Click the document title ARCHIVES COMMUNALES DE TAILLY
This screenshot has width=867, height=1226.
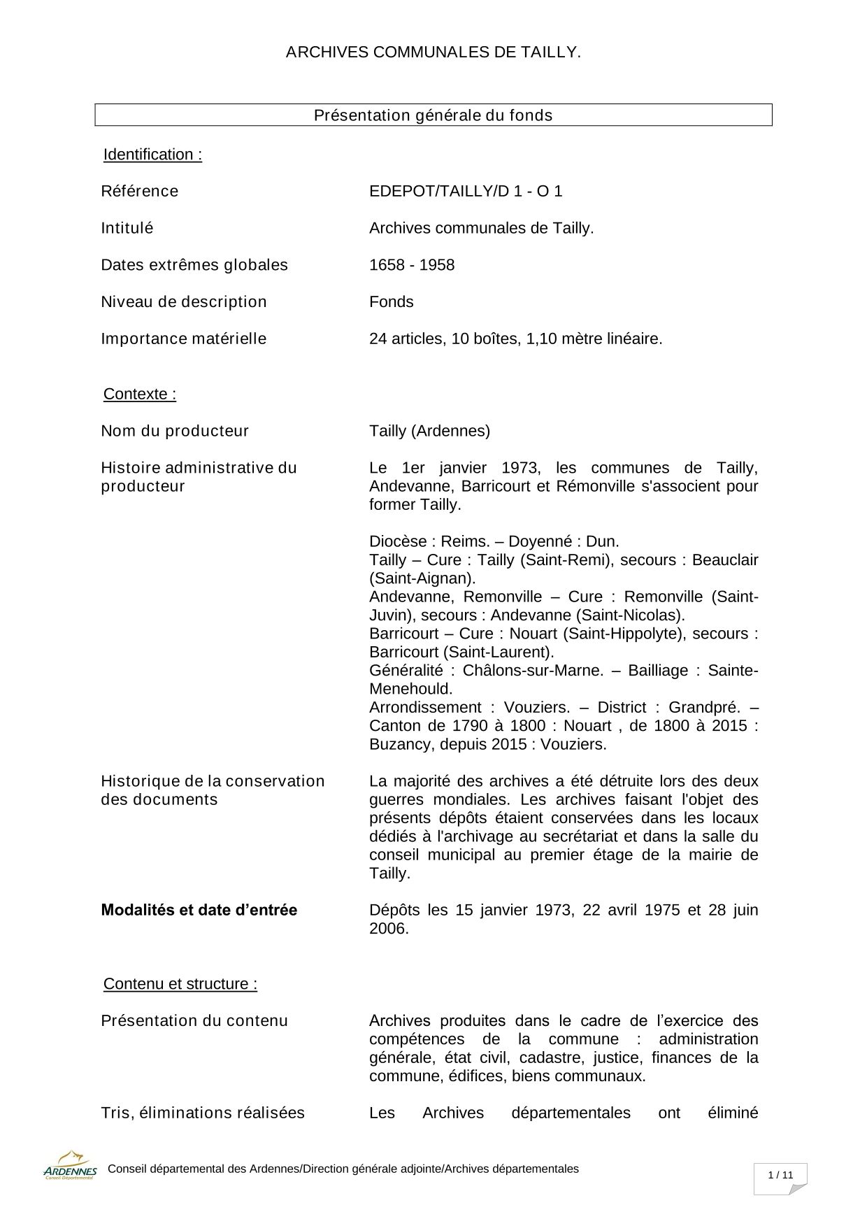pos(433,52)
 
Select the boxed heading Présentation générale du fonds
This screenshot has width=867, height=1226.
pos(433,115)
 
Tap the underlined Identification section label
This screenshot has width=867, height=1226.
pos(152,155)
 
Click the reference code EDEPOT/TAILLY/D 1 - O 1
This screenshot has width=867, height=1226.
pos(466,191)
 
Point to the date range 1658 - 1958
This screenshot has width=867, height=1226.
pos(412,265)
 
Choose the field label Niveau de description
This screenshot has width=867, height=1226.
pos(184,302)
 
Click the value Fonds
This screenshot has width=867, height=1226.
pos(392,302)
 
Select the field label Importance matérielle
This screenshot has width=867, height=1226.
pos(184,339)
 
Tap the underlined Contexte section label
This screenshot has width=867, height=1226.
pos(140,394)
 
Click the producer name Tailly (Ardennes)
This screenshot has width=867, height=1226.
pos(429,431)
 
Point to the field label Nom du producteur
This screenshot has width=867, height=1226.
pos(175,431)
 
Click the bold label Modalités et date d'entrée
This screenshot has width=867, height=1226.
pos(199,910)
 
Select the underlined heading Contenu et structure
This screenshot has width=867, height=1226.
pos(180,984)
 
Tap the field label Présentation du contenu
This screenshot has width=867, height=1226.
pos(194,1020)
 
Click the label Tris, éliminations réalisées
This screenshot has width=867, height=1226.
pos(203,1113)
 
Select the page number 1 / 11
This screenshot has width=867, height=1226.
pos(780,1175)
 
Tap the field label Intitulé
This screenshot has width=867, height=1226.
pos(127,228)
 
